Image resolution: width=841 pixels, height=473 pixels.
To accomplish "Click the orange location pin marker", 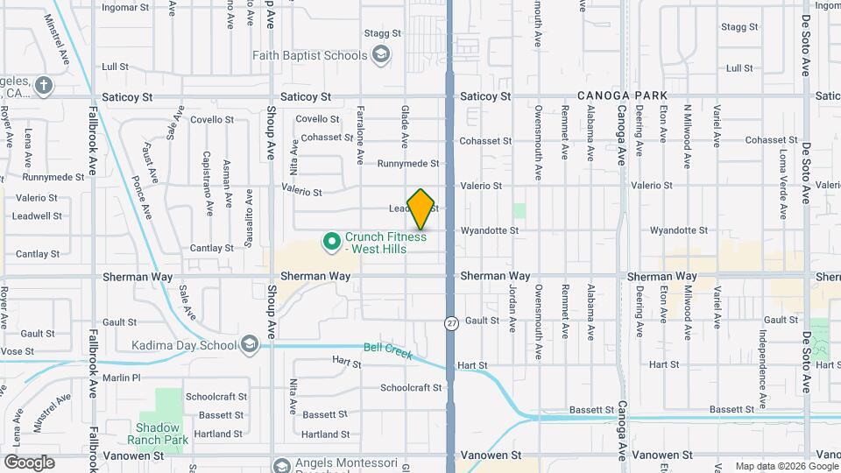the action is point(421,208).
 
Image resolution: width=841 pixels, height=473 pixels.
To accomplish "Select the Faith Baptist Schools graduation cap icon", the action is point(381,56).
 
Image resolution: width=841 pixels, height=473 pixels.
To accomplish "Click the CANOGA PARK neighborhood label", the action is point(622,95).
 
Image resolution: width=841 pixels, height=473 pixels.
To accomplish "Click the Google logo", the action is point(29,462).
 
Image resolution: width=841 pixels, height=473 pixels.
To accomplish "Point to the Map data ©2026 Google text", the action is point(785,466).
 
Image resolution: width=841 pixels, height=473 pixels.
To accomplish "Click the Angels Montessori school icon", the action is point(280,464).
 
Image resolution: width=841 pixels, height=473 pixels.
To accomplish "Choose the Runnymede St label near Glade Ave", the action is point(407,163).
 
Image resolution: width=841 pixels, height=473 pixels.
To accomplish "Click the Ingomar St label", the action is point(125,7).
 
